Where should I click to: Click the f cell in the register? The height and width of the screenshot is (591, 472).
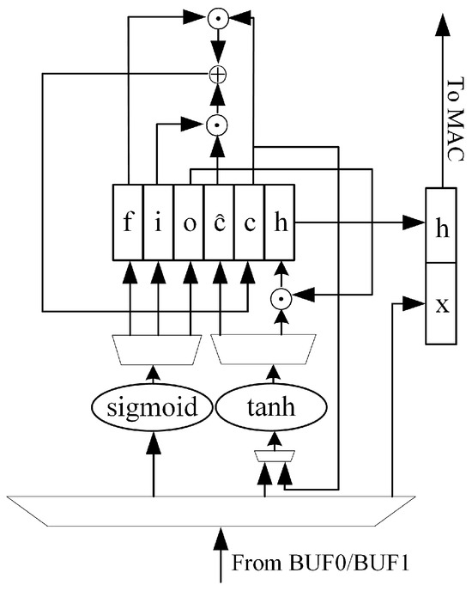click(129, 222)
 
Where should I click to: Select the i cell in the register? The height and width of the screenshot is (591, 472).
click(159, 222)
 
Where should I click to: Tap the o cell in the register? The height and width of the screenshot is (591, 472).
click(189, 222)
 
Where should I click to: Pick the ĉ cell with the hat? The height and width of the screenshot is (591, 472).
click(219, 222)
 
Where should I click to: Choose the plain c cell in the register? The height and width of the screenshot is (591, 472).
click(249, 222)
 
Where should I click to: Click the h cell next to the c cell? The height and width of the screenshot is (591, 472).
click(279, 222)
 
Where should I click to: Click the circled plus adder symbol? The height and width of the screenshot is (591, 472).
click(219, 75)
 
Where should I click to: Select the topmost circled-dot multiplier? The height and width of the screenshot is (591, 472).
click(219, 15)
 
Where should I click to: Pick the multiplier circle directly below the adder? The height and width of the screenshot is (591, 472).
click(219, 125)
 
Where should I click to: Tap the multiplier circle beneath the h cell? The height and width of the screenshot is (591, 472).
click(279, 300)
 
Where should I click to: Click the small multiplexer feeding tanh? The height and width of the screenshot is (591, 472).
click(273, 457)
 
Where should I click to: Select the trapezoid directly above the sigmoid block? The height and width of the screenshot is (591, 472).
click(154, 348)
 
